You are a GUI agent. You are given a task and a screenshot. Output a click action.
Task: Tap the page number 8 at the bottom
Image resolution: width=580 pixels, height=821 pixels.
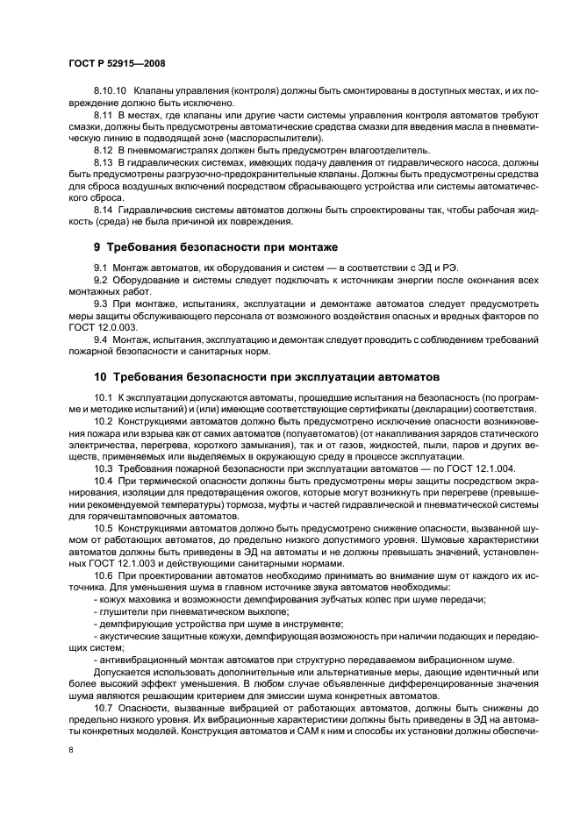tap(69, 749)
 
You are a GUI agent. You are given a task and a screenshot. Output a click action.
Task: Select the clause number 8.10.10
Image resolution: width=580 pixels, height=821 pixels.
tap(111, 90)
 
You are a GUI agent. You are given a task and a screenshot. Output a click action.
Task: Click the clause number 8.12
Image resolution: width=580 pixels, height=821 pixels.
tap(103, 150)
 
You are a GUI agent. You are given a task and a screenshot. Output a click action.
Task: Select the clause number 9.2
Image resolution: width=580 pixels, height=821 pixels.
tap(101, 279)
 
